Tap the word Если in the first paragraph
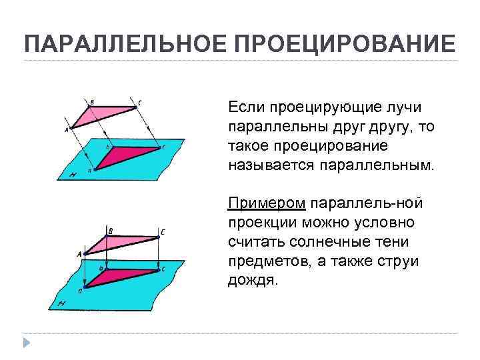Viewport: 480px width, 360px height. tap(245, 107)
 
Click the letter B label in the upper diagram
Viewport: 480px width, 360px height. tap(91, 101)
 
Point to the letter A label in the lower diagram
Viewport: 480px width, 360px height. tap(79, 254)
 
